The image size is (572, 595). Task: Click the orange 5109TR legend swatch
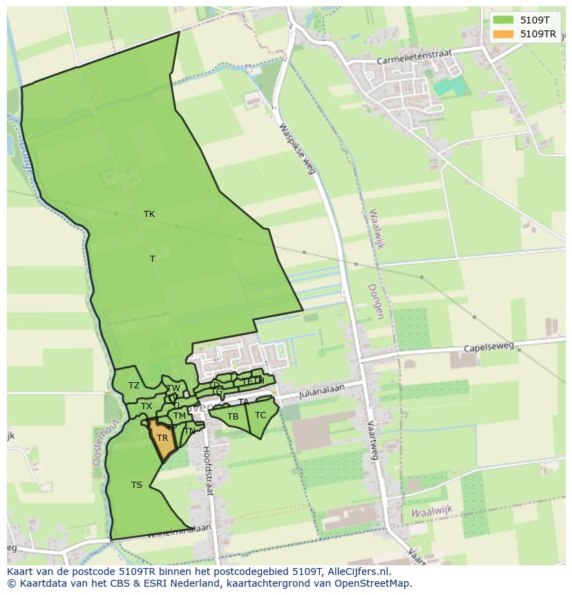(504, 34)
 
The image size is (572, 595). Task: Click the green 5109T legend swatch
(504, 19)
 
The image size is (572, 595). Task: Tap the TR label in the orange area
(162, 438)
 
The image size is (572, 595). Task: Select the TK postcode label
(149, 214)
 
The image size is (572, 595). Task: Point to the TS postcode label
(137, 485)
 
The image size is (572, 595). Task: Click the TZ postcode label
(134, 386)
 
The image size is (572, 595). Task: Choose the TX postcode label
(146, 406)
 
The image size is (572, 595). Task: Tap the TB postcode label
(233, 417)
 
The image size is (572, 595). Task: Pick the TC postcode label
(260, 415)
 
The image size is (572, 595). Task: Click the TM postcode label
(180, 416)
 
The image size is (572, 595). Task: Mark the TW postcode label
(173, 388)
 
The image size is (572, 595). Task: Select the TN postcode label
(189, 431)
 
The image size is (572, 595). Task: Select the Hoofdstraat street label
(208, 470)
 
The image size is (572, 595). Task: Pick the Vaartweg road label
(373, 439)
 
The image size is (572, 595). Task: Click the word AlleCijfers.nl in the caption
(359, 572)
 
